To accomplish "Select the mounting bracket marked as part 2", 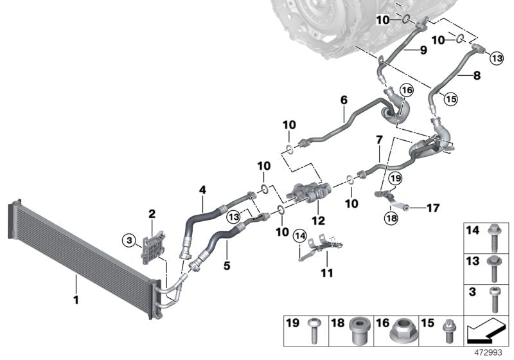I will point(152,246).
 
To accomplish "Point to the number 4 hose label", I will point(202,190).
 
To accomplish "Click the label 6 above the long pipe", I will point(344,100).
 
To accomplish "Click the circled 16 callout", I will point(405,90).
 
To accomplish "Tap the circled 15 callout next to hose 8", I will point(450,98).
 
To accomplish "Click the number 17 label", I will point(432,208).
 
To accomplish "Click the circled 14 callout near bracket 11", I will point(299,235).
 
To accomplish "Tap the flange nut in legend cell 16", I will point(403,332).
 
